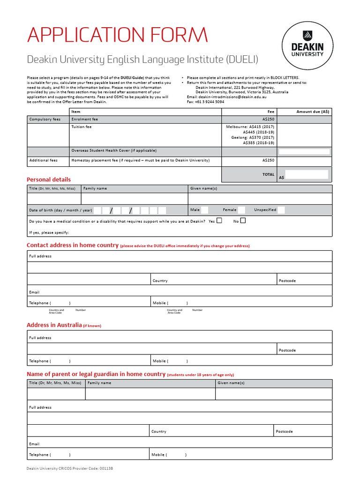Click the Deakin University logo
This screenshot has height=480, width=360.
307,46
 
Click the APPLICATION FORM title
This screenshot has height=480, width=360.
117,35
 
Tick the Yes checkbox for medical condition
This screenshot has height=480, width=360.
219,221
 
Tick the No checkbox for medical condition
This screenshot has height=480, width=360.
243,221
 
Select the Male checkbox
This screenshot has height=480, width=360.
204,210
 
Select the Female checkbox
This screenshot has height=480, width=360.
241,210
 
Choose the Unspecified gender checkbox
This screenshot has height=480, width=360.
281,210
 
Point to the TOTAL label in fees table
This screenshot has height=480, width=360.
268,174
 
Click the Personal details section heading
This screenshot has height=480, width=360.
49,180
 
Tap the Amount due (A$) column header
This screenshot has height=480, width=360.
313,112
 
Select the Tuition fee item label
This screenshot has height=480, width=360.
82,127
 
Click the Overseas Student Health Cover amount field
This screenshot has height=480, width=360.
304,151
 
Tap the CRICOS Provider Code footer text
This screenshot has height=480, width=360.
70,468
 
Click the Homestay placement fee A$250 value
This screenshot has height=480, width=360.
268,160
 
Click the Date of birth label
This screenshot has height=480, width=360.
60,210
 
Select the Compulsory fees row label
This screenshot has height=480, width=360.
45,120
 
